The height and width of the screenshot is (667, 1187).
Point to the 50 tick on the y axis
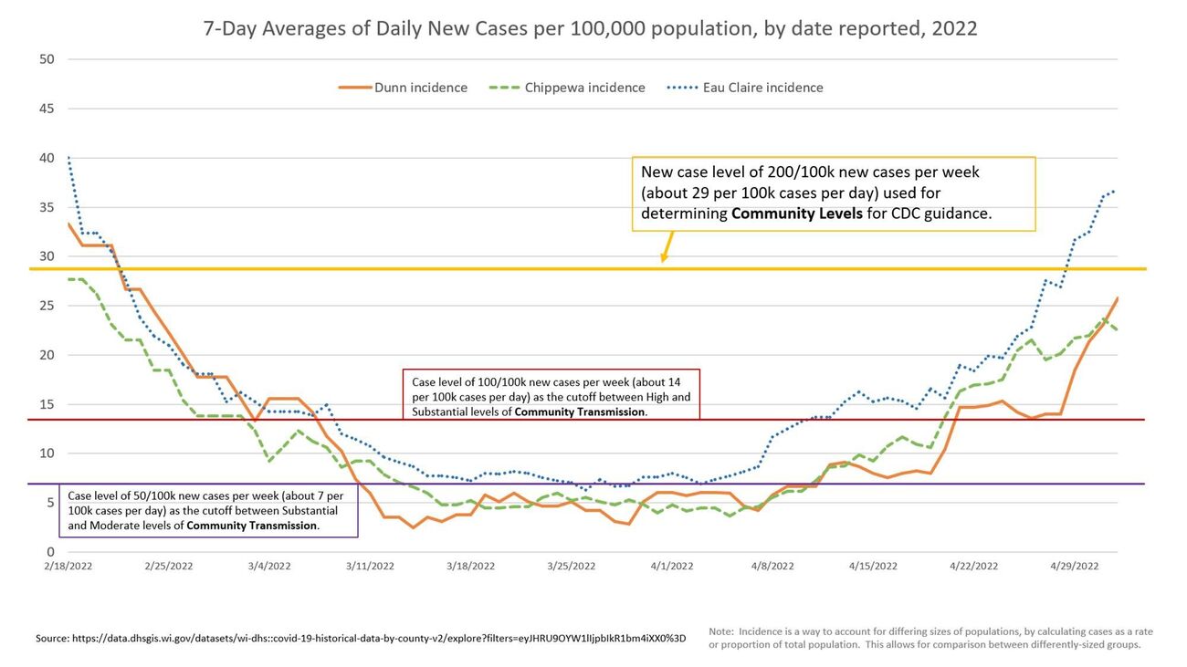click(47, 59)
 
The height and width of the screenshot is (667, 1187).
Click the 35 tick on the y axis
click(47, 207)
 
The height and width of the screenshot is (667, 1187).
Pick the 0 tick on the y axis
click(50, 552)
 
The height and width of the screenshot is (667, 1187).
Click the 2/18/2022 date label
click(68, 566)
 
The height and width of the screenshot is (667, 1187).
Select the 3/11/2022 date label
click(370, 566)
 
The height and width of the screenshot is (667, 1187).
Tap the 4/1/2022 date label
click(672, 566)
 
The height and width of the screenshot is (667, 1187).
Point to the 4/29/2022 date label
click(1074, 566)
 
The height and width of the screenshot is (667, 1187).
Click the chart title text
click(590, 28)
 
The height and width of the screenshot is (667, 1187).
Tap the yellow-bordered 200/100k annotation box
click(834, 193)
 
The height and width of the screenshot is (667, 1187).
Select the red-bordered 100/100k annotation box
click(551, 395)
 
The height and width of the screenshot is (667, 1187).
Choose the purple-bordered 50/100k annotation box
click(208, 510)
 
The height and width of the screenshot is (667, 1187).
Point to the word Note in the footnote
click(721, 631)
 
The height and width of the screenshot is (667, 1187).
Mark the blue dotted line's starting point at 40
click(68, 158)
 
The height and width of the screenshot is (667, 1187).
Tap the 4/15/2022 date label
click(873, 566)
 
